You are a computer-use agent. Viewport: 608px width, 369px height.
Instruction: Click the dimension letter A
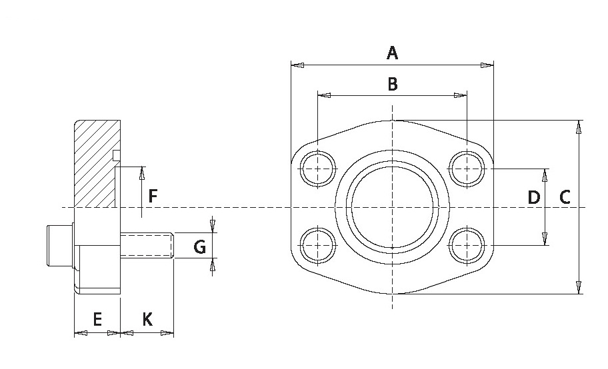(x=393, y=53)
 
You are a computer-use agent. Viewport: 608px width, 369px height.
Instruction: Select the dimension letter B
(x=393, y=84)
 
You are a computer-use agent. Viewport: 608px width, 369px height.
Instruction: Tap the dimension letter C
(x=565, y=197)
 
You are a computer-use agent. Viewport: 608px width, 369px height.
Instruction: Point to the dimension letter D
(x=534, y=197)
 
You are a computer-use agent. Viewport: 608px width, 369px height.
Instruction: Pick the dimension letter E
(x=97, y=319)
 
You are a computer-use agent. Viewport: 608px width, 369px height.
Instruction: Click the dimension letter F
(x=153, y=196)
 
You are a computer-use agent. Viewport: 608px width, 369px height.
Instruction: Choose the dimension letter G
(x=200, y=246)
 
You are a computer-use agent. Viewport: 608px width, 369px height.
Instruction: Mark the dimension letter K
(x=147, y=319)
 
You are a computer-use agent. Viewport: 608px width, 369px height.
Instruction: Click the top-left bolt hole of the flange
(x=318, y=169)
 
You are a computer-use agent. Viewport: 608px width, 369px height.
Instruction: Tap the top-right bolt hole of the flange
(x=467, y=169)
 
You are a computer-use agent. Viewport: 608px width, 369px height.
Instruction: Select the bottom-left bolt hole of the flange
(x=318, y=245)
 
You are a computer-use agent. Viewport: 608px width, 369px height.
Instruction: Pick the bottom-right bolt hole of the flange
(x=467, y=245)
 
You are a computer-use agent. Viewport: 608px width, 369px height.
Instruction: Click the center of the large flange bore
(x=393, y=207)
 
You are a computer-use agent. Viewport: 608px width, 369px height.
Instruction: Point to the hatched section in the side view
(x=95, y=164)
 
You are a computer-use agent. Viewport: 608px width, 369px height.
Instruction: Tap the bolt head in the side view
(x=60, y=245)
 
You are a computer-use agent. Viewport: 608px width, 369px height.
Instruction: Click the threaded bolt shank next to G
(x=147, y=245)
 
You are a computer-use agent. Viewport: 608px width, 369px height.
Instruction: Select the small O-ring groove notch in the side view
(x=116, y=155)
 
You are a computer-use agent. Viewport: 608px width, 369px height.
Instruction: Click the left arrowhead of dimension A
(x=297, y=65)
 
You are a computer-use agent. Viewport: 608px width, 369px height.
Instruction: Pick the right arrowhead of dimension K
(x=167, y=332)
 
